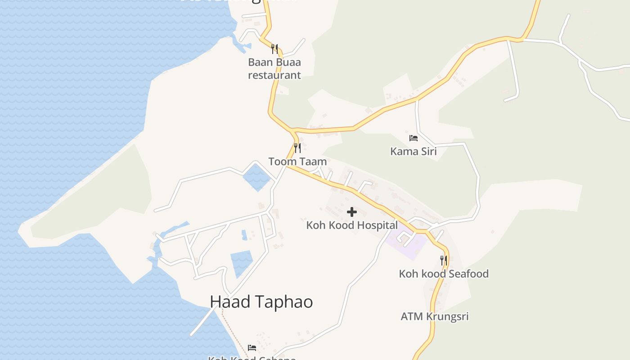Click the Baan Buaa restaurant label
[x=274, y=68]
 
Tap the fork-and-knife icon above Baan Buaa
[x=274, y=49]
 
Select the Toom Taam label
[x=297, y=161]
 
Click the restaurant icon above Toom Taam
[x=297, y=148]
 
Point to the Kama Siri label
[x=413, y=151]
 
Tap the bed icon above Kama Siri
[x=413, y=138]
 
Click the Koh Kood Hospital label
[x=352, y=225]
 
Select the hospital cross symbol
[x=352, y=212]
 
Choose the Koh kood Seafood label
[x=444, y=274]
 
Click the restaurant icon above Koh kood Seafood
[x=444, y=260]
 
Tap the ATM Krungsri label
[x=435, y=316]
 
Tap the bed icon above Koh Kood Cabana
[x=252, y=347]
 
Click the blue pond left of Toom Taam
[x=256, y=176]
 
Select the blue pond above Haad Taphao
[x=241, y=263]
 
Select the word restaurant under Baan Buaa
[x=274, y=75]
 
